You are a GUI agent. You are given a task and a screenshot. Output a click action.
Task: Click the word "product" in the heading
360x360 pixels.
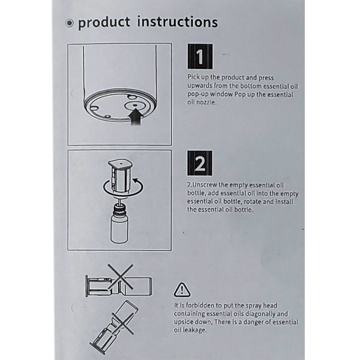click(104, 23)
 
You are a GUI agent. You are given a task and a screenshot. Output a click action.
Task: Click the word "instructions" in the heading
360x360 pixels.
click(177, 22)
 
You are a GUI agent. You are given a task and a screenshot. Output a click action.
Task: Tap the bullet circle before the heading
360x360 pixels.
click(69, 23)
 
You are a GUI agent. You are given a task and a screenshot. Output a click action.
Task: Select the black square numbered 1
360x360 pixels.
click(200, 57)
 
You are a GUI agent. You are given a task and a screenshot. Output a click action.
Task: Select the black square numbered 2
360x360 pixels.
click(200, 163)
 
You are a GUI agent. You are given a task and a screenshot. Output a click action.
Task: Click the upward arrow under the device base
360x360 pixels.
click(136, 117)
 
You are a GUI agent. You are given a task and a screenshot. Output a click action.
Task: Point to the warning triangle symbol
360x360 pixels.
click(182, 290)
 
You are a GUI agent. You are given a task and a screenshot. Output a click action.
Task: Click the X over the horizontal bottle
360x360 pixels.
click(120, 276)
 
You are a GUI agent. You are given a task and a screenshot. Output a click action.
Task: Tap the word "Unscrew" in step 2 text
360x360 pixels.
click(204, 185)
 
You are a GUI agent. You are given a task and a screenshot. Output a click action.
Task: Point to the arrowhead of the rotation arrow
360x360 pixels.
click(135, 180)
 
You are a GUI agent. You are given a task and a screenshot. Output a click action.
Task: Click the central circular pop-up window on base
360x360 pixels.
click(135, 106)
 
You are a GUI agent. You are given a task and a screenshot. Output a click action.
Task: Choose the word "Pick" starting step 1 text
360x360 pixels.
click(193, 77)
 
